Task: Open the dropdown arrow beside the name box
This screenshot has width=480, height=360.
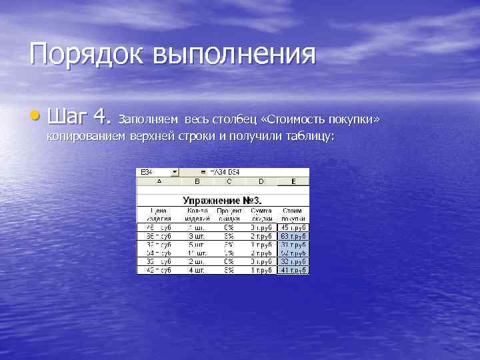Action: [175, 172]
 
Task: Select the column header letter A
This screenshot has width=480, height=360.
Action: [159, 181]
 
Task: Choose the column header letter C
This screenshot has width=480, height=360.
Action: [229, 181]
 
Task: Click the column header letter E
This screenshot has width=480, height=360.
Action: [294, 181]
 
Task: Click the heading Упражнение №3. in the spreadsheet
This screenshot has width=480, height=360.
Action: [223, 200]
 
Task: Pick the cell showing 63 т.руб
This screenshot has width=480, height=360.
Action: [294, 235]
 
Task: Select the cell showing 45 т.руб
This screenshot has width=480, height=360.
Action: [294, 227]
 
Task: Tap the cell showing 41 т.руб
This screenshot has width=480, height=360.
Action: [294, 271]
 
